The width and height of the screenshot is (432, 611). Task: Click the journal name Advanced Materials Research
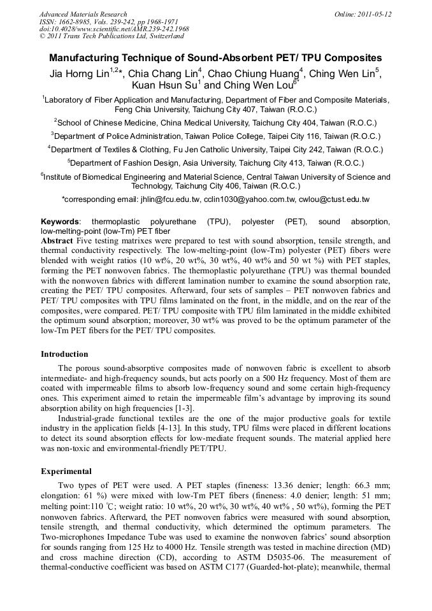coord(83,14)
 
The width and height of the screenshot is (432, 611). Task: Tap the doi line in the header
coord(114,29)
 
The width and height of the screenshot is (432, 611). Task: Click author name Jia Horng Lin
coord(78,74)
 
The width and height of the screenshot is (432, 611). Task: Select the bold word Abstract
coord(57,241)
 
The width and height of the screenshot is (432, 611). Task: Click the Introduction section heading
coord(64,354)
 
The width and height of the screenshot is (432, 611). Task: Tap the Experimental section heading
coord(66,471)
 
